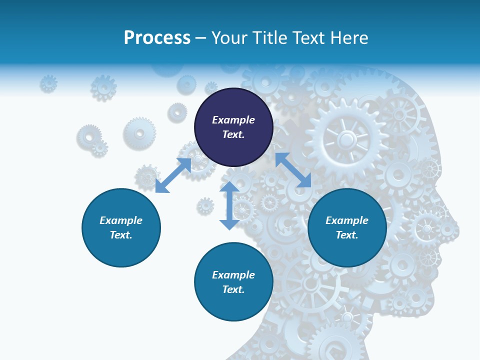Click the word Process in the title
click(x=157, y=38)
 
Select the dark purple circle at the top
click(x=233, y=127)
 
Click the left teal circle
click(x=121, y=227)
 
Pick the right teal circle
click(x=347, y=227)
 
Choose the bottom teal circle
click(x=233, y=282)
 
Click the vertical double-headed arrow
click(x=229, y=205)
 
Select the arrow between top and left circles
click(x=173, y=175)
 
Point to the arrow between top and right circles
click(x=293, y=170)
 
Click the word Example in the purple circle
click(x=233, y=120)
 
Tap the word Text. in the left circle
click(x=121, y=235)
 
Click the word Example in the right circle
click(x=347, y=220)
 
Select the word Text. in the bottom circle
click(x=233, y=289)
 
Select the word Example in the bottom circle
click(x=233, y=275)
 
